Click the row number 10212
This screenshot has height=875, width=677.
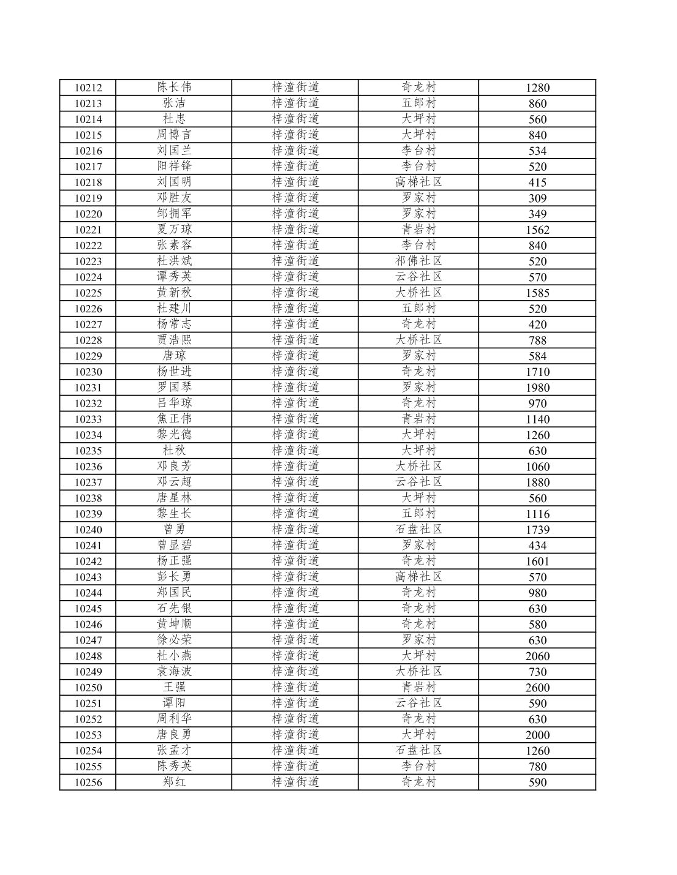tap(88, 88)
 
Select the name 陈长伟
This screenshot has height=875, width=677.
tap(174, 87)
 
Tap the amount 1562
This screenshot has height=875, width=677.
tap(537, 230)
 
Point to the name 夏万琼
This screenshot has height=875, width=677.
tap(174, 229)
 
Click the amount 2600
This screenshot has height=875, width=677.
tap(537, 688)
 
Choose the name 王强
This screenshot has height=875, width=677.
tap(174, 687)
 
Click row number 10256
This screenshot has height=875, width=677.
tap(88, 783)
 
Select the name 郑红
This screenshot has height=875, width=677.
tap(174, 782)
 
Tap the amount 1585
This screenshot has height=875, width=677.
tap(537, 293)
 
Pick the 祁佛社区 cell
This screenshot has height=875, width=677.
tap(418, 261)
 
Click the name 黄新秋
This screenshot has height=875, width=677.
tap(174, 292)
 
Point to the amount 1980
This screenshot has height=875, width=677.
tap(537, 388)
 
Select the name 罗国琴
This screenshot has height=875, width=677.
tap(174, 387)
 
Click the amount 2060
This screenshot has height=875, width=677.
tap(537, 656)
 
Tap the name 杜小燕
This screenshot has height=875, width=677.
tap(174, 655)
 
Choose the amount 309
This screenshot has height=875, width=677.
tap(537, 198)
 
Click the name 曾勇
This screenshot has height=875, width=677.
tap(174, 529)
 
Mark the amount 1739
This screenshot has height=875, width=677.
tap(537, 530)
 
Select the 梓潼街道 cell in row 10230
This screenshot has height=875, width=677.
tap(295, 371)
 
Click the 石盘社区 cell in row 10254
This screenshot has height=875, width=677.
tap(418, 750)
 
